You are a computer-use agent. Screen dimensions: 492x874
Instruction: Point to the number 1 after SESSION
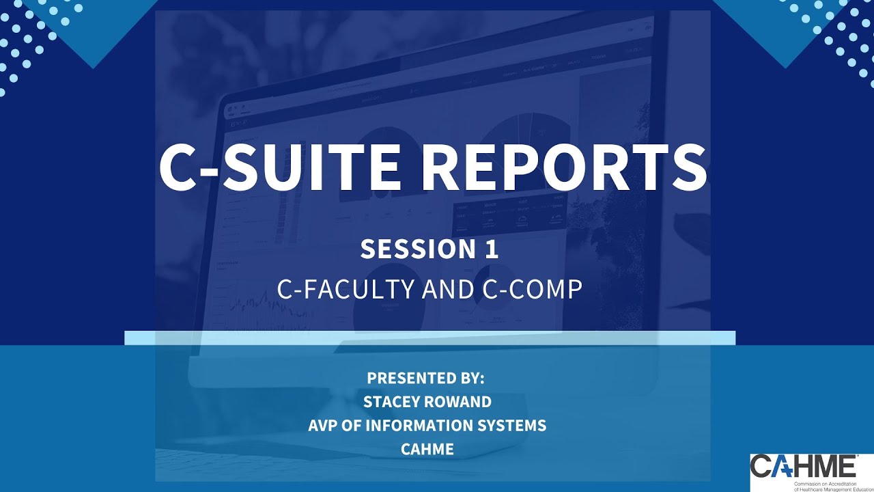(492, 249)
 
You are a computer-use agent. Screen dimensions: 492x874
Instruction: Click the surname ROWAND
(458, 402)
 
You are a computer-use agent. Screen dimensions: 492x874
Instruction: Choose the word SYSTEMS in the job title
(517, 426)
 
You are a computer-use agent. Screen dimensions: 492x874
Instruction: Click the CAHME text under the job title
(427, 449)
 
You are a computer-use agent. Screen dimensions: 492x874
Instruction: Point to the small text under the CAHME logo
(832, 486)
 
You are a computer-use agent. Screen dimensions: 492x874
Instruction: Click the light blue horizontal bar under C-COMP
(429, 338)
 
